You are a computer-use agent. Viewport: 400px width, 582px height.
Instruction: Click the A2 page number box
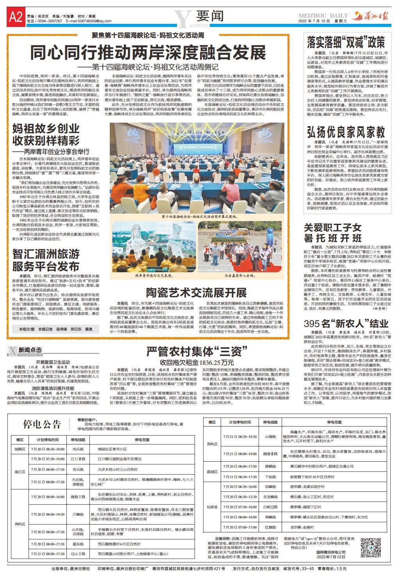[15, 16]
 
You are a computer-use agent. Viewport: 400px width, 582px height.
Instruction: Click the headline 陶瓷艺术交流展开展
[196, 293]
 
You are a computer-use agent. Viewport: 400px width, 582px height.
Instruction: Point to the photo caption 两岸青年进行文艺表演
[154, 275]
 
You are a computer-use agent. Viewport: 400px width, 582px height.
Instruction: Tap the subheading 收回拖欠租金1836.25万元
[196, 362]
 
